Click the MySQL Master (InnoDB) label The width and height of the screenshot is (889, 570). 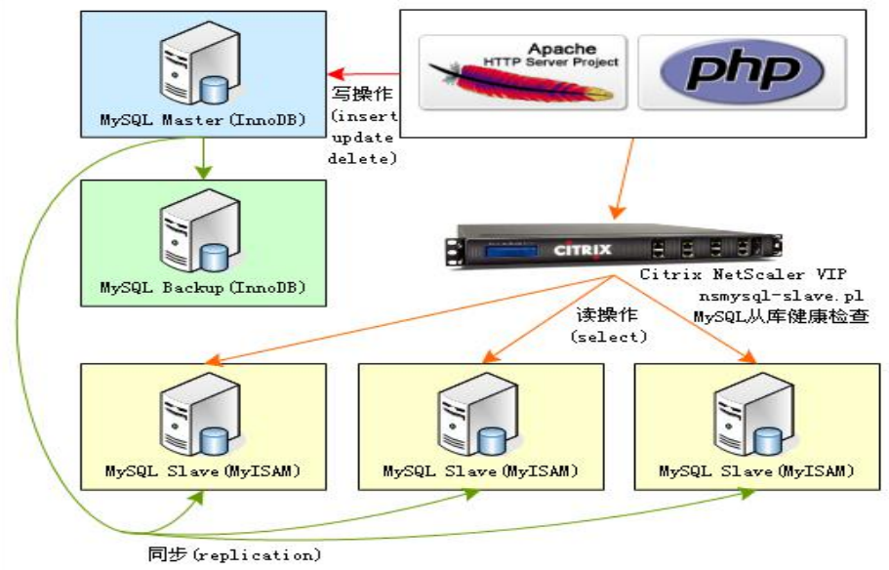click(203, 121)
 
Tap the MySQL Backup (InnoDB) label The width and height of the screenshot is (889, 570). click(203, 288)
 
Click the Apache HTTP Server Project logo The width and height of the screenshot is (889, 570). click(523, 73)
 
